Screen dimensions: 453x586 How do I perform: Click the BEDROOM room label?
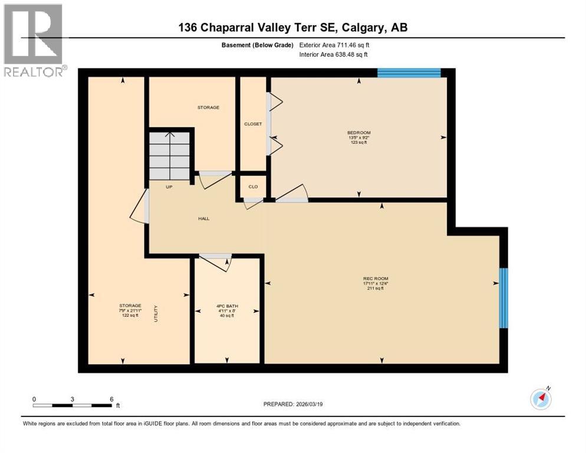pos(359,133)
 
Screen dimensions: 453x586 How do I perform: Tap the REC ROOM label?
pos(376,278)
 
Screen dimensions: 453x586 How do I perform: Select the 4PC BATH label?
pos(227,306)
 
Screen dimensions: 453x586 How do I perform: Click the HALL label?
pos(203,219)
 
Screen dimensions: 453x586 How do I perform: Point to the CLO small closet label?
pos(253,186)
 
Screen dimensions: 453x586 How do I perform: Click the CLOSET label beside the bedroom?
pos(253,124)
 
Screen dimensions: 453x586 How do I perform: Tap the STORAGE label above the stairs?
pos(208,107)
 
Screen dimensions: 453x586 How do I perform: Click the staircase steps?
pos(169,156)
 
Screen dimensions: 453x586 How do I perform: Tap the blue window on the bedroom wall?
pos(409,73)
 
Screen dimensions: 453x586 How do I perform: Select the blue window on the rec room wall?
pos(503,298)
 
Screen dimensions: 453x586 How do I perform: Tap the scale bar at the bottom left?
pos(73,405)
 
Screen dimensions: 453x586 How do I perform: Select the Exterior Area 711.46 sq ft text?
pos(334,45)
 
